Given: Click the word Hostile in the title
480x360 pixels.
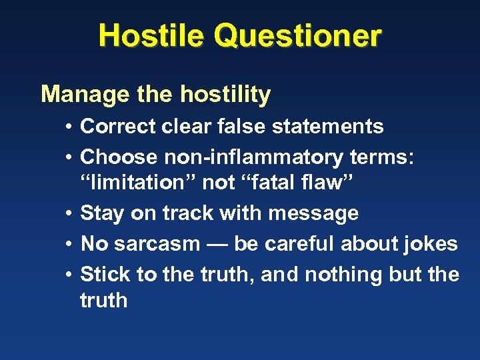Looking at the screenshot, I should pos(151,35).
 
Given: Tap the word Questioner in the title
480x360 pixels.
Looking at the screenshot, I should pos(298,37).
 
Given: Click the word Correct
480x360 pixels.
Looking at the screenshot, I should pos(118,126).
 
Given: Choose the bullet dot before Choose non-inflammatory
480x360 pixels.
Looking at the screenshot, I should pos(69,157).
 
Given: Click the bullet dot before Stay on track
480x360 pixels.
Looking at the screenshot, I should pos(69,213).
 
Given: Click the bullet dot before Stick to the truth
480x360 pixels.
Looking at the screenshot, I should pos(69,275).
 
